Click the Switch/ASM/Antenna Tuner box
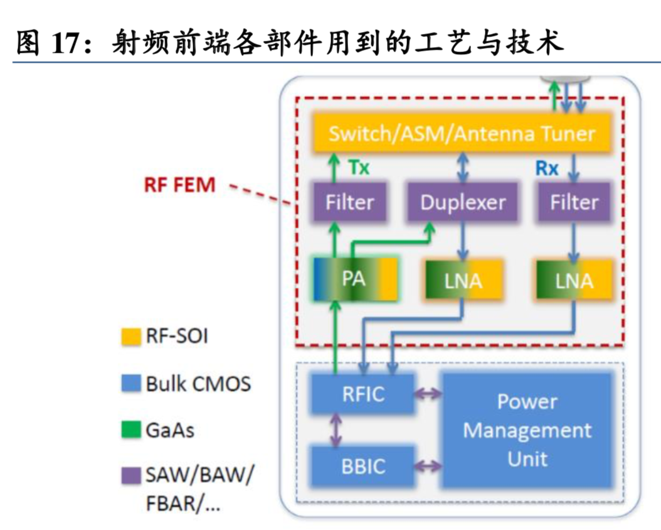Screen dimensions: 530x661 click(x=462, y=134)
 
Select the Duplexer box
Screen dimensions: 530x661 click(x=462, y=202)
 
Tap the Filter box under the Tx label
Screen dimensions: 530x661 click(x=349, y=202)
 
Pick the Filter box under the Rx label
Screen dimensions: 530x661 click(x=574, y=202)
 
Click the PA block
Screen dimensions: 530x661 click(x=355, y=279)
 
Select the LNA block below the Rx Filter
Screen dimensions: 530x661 click(x=573, y=281)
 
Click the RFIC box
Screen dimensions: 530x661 click(x=363, y=394)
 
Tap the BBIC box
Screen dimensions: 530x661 click(x=363, y=466)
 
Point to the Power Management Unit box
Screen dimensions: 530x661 click(x=527, y=430)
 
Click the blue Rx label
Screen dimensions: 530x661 click(x=547, y=168)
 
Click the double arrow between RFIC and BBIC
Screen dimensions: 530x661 click(x=337, y=430)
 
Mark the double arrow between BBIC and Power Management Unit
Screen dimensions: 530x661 click(x=429, y=467)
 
